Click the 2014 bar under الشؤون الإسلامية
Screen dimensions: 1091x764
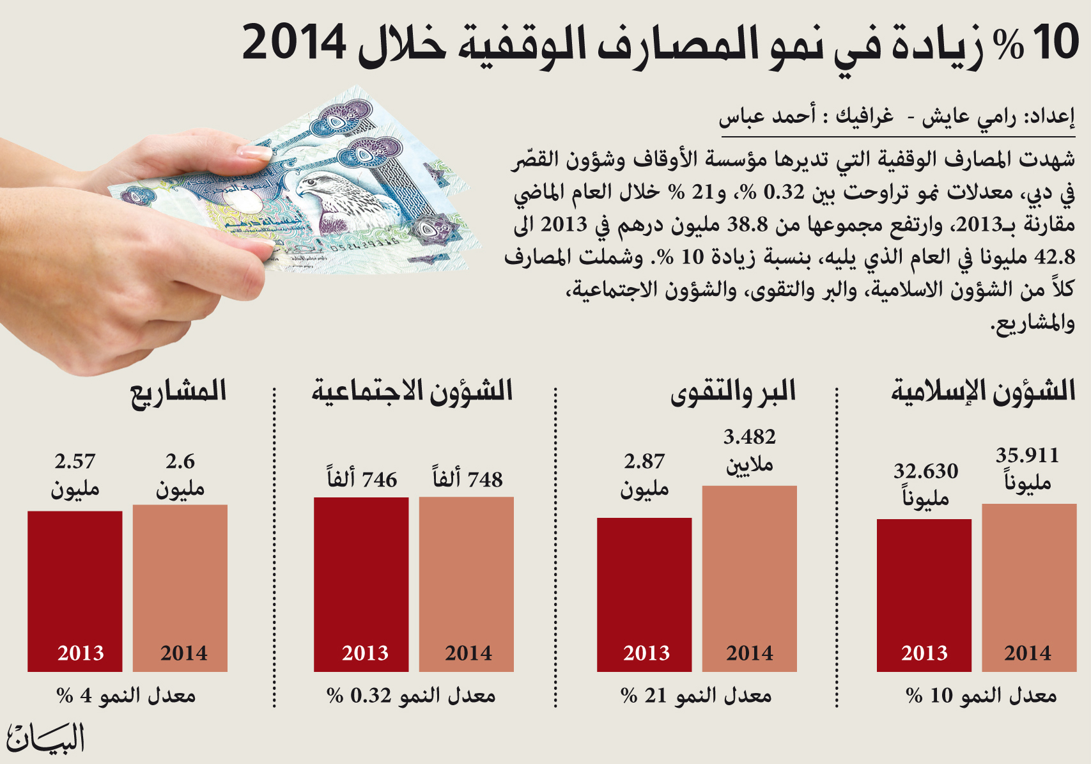click(x=1029, y=588)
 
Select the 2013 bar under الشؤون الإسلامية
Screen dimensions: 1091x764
click(x=924, y=595)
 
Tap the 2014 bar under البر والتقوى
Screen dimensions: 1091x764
click(x=750, y=579)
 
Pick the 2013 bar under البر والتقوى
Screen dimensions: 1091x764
click(x=644, y=595)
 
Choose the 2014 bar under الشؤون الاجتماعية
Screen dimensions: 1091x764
click(x=467, y=584)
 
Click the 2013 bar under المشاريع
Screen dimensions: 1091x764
click(x=75, y=591)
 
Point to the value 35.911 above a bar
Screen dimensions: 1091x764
click(x=1027, y=456)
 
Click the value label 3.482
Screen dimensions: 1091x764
click(x=749, y=437)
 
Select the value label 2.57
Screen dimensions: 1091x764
click(x=75, y=461)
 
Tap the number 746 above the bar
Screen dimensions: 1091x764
click(x=380, y=480)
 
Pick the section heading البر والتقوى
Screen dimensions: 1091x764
click(x=733, y=393)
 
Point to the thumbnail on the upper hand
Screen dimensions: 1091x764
click(x=254, y=152)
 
